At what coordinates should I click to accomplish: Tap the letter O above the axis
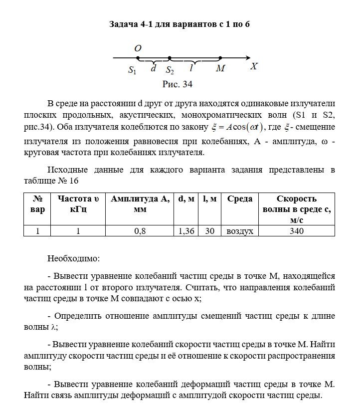click(x=138, y=48)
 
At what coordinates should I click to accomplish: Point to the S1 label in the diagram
click(x=132, y=70)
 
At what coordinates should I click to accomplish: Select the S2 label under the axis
click(x=170, y=70)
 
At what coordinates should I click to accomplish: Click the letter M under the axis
click(x=220, y=69)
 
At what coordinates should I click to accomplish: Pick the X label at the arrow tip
click(x=254, y=66)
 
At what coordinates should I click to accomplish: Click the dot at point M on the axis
click(x=220, y=58)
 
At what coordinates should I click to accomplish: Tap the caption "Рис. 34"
click(x=178, y=84)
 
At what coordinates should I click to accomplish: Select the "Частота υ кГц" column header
click(x=78, y=204)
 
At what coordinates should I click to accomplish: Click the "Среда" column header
click(x=240, y=199)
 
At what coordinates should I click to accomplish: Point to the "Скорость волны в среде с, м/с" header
click(x=297, y=209)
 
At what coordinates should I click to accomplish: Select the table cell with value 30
click(x=209, y=231)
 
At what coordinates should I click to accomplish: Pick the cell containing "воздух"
click(x=240, y=231)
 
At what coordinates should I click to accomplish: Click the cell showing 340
click(x=297, y=231)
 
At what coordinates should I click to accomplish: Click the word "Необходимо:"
click(x=73, y=259)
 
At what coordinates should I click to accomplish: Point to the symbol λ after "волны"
click(x=54, y=327)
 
